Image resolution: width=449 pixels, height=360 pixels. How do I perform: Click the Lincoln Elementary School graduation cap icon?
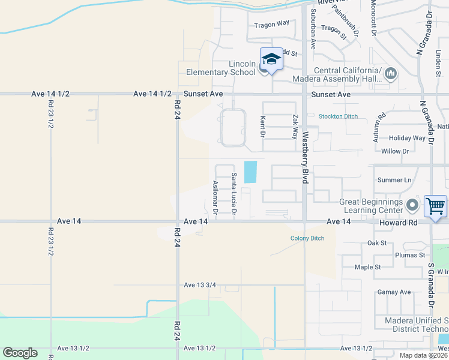coord(271,59)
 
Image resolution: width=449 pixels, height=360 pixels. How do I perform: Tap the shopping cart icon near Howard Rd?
coord(436,206)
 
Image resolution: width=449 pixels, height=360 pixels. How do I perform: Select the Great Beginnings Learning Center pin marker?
coord(412,206)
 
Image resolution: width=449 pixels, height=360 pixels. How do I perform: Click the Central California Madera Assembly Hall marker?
coord(391,74)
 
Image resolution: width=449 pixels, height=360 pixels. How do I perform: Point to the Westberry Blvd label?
coord(305,158)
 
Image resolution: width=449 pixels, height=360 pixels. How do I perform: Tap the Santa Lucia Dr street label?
coord(234,194)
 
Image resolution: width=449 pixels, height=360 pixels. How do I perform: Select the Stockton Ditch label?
coord(337,116)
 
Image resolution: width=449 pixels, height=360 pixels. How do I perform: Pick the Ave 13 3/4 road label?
coord(200,284)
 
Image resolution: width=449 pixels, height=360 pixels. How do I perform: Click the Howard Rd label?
coord(397,222)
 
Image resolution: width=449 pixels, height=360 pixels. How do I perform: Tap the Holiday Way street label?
coord(406,138)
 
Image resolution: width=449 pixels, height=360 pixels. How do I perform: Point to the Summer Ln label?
coord(394,180)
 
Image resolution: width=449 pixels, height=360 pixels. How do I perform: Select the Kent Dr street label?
coord(262,126)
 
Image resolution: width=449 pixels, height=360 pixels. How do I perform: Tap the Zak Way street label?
coord(295,127)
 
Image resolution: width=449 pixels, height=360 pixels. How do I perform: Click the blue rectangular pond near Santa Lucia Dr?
coord(250,172)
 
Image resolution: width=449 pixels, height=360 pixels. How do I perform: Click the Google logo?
coord(20,353)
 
